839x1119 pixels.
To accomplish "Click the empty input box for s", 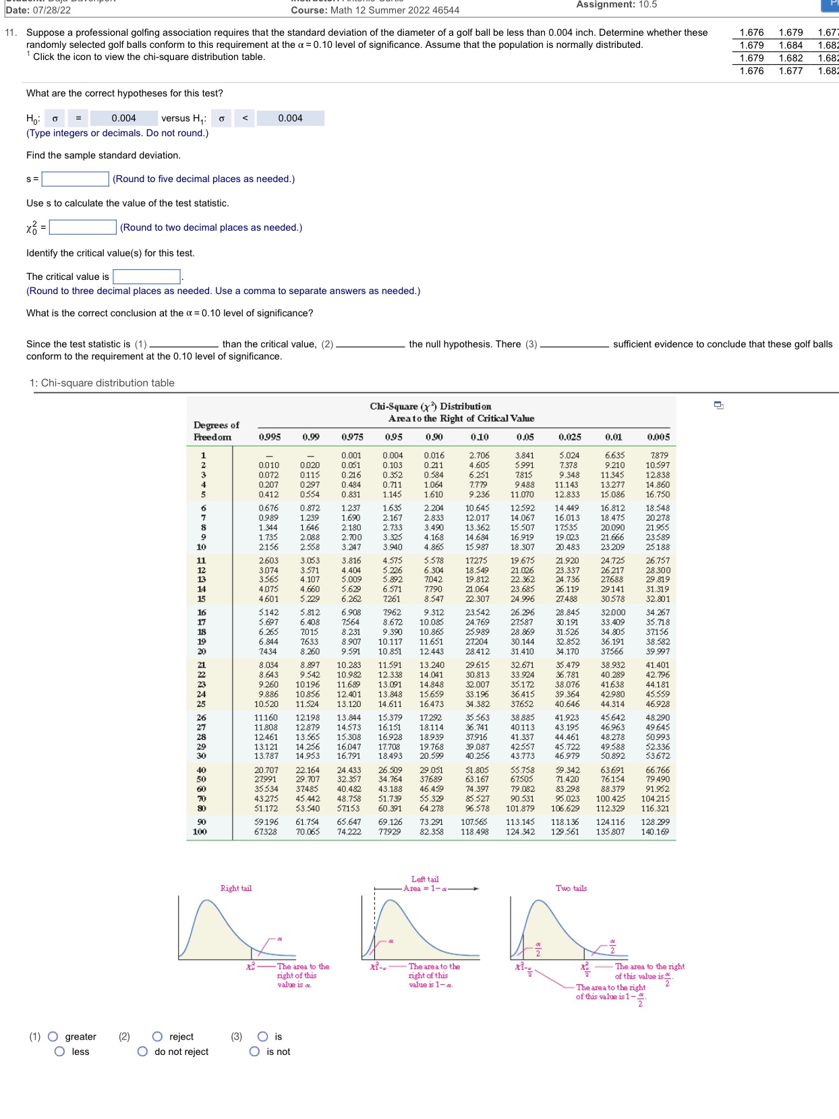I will click(x=75, y=179).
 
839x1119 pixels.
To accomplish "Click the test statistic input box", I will click(x=82, y=227).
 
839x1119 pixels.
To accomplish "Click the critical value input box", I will click(x=146, y=277).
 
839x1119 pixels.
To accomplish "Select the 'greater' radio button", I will click(x=53, y=1037).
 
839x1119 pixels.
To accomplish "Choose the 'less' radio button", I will click(x=59, y=1052).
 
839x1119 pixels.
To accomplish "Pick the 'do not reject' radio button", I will click(x=142, y=1052).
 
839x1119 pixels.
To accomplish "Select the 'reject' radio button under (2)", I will click(x=157, y=1037).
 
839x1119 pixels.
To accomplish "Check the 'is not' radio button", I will click(x=254, y=1052).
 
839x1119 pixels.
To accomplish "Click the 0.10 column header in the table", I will click(x=479, y=437).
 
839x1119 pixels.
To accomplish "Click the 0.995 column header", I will click(x=270, y=437).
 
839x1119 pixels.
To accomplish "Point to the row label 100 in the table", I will click(x=200, y=832).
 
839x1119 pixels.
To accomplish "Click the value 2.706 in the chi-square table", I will click(x=479, y=455).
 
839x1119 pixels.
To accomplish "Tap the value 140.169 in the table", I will click(x=655, y=832).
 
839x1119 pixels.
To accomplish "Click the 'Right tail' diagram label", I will click(x=236, y=888).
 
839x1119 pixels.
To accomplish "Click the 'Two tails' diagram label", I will click(x=571, y=888).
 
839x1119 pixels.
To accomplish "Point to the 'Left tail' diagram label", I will click(x=425, y=879).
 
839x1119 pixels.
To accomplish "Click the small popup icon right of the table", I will click(x=719, y=405).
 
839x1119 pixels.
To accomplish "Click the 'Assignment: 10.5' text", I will click(x=616, y=5).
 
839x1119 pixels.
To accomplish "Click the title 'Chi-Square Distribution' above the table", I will click(x=430, y=406).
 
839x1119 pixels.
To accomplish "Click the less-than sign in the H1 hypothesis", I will click(x=245, y=118).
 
